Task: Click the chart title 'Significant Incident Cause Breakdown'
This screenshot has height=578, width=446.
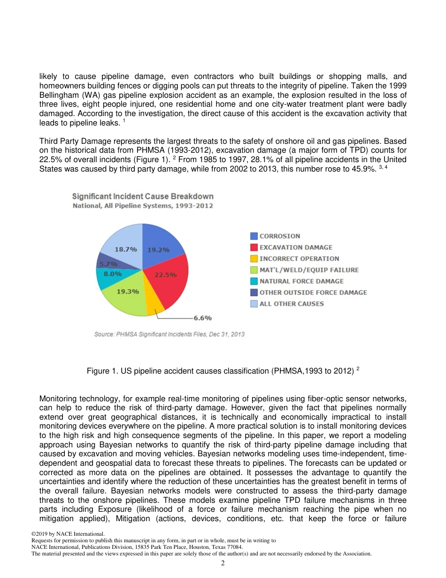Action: click(x=142, y=196)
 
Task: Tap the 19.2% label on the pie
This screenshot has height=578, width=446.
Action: click(x=158, y=250)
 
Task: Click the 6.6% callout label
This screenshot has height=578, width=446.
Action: click(x=202, y=318)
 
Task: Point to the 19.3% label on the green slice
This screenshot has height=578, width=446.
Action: click(x=127, y=291)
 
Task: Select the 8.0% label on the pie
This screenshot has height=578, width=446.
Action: click(x=113, y=274)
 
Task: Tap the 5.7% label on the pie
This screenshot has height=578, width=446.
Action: click(x=108, y=264)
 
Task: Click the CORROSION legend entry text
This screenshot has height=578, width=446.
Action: click(x=280, y=236)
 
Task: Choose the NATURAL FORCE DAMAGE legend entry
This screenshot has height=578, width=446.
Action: click(x=301, y=281)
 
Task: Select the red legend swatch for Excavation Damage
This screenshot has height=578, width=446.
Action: click(x=254, y=248)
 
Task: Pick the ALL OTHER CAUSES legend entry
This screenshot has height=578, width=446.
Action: click(x=292, y=304)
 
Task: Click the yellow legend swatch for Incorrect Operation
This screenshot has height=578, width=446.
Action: click(x=254, y=259)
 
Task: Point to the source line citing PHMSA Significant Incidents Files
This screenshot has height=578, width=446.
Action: click(x=169, y=335)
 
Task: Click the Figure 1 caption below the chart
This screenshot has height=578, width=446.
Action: click(x=223, y=371)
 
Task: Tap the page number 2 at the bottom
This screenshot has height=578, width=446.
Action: click(x=223, y=563)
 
